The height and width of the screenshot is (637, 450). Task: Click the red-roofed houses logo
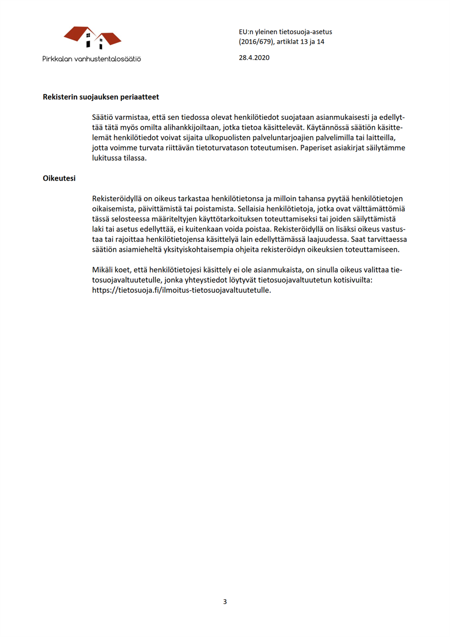(93, 38)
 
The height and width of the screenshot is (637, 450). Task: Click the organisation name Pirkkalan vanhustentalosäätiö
(92, 59)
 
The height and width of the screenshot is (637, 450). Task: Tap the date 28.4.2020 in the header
(254, 58)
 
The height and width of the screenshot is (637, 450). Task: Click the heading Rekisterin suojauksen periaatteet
(101, 97)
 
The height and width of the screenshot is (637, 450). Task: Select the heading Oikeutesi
(59, 178)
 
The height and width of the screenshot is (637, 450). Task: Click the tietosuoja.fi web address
(182, 291)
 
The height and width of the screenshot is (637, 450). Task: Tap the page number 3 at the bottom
(225, 602)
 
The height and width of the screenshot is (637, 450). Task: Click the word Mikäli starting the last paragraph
(103, 270)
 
